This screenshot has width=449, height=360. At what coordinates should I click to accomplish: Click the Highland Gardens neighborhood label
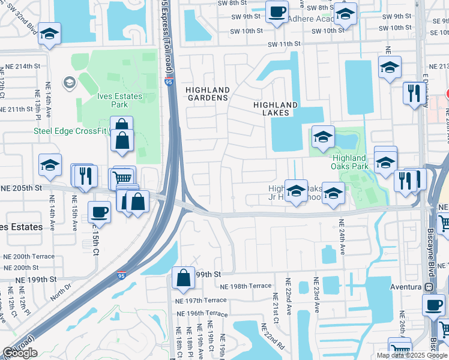[x=208, y=94]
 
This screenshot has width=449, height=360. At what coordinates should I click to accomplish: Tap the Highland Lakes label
[x=276, y=108]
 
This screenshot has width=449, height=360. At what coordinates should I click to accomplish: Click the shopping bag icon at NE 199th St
[x=183, y=277]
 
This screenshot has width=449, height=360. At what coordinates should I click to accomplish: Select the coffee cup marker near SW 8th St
[x=277, y=11]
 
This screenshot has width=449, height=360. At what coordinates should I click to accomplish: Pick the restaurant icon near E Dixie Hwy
[x=412, y=93]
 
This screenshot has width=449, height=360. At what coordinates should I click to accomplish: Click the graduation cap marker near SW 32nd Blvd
[x=50, y=34]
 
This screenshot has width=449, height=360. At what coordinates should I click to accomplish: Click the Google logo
[x=20, y=353]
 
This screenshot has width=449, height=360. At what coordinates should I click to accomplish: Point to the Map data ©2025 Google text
[x=411, y=355]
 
